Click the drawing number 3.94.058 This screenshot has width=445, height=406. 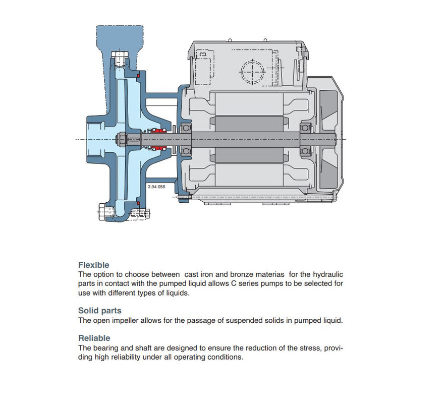(156, 187)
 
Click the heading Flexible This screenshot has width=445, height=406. (93, 265)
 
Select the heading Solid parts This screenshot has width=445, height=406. (99, 311)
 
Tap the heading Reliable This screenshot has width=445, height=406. (94, 338)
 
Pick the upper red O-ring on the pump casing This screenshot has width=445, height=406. (138, 76)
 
